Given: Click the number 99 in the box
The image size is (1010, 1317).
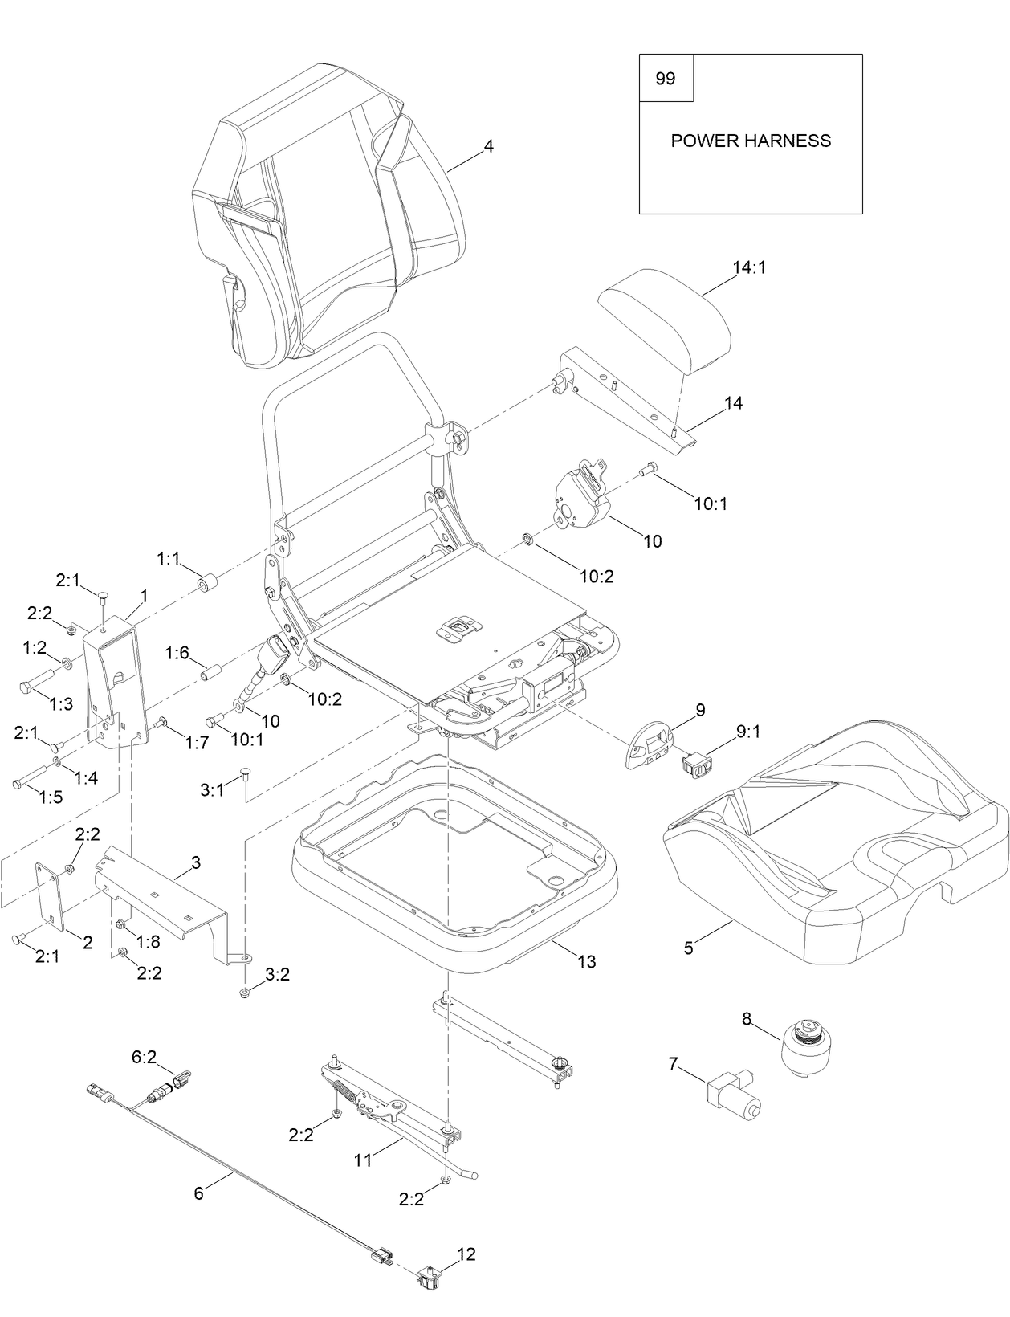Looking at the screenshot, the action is (666, 79).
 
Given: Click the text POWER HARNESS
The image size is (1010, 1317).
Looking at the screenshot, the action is (751, 141).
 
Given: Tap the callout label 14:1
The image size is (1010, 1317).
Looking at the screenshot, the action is (749, 267).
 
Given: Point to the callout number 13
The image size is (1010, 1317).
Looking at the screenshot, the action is (587, 961).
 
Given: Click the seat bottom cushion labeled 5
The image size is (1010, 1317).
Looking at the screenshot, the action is (827, 843).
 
